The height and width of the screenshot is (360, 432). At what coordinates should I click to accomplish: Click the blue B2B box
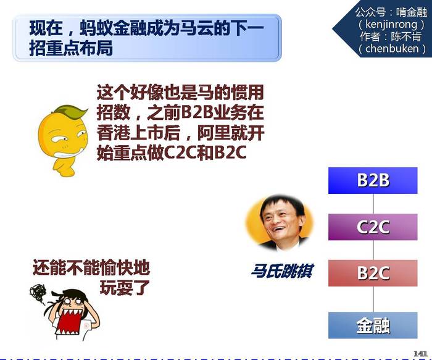click(373, 180)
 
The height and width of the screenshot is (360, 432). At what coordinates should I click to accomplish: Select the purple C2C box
click(373, 227)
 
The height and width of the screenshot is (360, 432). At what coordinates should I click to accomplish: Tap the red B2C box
click(373, 273)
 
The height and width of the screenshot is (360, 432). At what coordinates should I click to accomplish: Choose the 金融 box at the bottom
click(373, 325)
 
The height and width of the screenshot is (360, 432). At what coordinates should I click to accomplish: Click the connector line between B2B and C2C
click(373, 204)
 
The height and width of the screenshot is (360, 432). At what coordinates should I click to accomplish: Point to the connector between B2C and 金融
click(373, 299)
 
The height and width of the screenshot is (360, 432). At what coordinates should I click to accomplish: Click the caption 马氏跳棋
click(282, 271)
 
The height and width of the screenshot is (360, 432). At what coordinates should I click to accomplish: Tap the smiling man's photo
click(280, 222)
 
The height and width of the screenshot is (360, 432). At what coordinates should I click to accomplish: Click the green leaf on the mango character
click(71, 111)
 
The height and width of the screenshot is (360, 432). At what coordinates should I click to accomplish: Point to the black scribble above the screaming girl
click(38, 294)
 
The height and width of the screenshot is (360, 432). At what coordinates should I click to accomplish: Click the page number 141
click(420, 353)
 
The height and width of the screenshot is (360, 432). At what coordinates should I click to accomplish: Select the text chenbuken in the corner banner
click(392, 49)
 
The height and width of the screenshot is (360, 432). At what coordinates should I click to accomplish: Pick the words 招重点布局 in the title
click(71, 48)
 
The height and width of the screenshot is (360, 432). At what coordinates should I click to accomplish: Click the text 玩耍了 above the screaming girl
click(125, 288)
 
